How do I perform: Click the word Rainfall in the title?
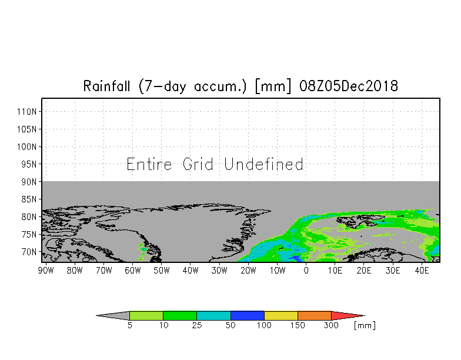pyautogui.click(x=107, y=86)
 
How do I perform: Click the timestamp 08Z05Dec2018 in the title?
pyautogui.click(x=349, y=86)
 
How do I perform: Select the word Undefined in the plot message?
pyautogui.click(x=263, y=164)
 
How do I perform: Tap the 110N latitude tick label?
pyautogui.click(x=27, y=112)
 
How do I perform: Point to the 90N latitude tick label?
pyautogui.click(x=29, y=182)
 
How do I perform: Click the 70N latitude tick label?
pyautogui.click(x=29, y=252)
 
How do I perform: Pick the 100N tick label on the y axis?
pyautogui.click(x=27, y=147)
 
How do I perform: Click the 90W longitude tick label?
pyautogui.click(x=46, y=271)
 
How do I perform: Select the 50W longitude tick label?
pyautogui.click(x=161, y=271)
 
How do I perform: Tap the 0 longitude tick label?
pyautogui.click(x=306, y=271)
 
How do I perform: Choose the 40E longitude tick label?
pyautogui.click(x=422, y=271)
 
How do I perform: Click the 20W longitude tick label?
pyautogui.click(x=248, y=271)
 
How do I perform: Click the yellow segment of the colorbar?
pyautogui.click(x=281, y=315)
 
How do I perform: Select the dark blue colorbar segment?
pyautogui.click(x=248, y=315)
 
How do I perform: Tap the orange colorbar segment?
pyautogui.click(x=315, y=315)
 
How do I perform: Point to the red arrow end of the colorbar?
pyautogui.click(x=347, y=315)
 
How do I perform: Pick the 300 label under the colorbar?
pyautogui.click(x=332, y=325)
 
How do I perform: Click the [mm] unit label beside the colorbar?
pyautogui.click(x=365, y=326)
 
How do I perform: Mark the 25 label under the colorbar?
pyautogui.click(x=196, y=325)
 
